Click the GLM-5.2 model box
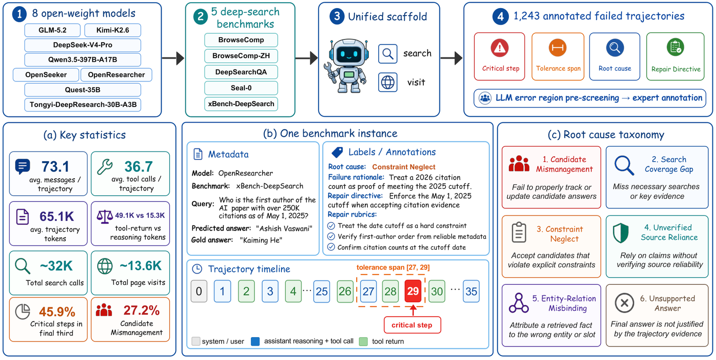(x=52, y=30)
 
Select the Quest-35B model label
(x=82, y=90)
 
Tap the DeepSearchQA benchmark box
(x=241, y=72)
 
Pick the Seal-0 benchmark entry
(x=241, y=88)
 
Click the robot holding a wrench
(x=346, y=66)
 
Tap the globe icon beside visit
(x=388, y=82)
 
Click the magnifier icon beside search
(x=388, y=54)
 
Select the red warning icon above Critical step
(x=499, y=48)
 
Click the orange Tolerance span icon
(x=558, y=47)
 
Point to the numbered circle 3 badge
(x=337, y=16)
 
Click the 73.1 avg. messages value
(x=55, y=167)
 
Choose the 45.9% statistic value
(x=57, y=312)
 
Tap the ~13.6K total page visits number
(x=141, y=266)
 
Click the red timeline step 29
(x=413, y=291)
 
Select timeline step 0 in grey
(x=199, y=291)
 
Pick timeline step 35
(x=471, y=291)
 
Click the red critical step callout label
(x=412, y=325)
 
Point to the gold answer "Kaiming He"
(x=261, y=240)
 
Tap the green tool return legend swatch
(x=363, y=342)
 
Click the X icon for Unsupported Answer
(x=624, y=303)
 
